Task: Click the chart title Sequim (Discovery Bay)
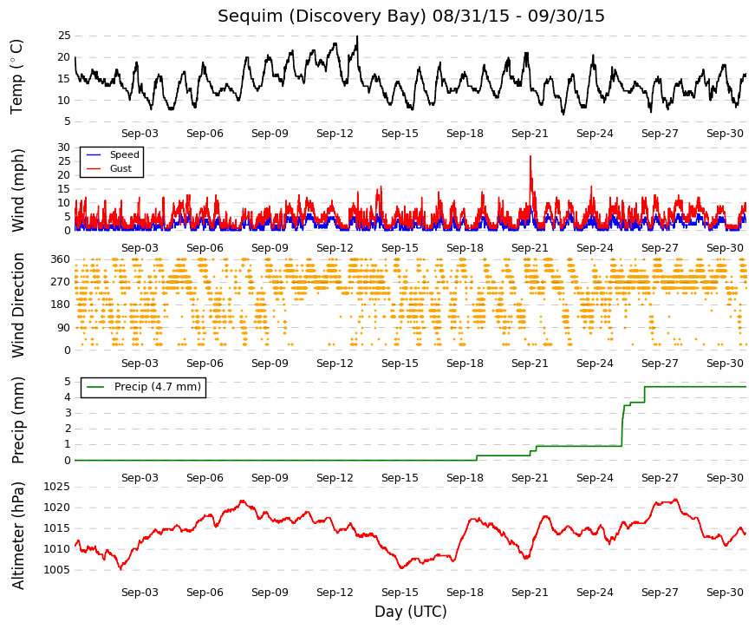click(x=322, y=16)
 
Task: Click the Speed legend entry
click(x=113, y=154)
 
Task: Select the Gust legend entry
click(x=109, y=168)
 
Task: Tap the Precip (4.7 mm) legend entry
click(x=144, y=387)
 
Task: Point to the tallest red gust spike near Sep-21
click(x=530, y=157)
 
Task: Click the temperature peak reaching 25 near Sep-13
click(x=357, y=36)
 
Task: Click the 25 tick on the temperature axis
click(x=64, y=36)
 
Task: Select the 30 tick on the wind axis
click(x=64, y=147)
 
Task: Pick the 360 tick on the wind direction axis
click(x=61, y=259)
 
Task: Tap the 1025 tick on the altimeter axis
click(x=57, y=487)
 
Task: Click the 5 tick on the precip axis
click(x=68, y=382)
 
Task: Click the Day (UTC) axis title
click(x=411, y=612)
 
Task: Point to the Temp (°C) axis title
click(x=16, y=76)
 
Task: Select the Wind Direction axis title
click(x=18, y=305)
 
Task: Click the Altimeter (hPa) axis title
click(x=18, y=535)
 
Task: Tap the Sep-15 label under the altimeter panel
click(x=400, y=593)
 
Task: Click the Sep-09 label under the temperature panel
click(x=270, y=134)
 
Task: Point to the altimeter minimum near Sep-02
click(x=120, y=569)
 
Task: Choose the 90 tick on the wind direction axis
click(x=64, y=328)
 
